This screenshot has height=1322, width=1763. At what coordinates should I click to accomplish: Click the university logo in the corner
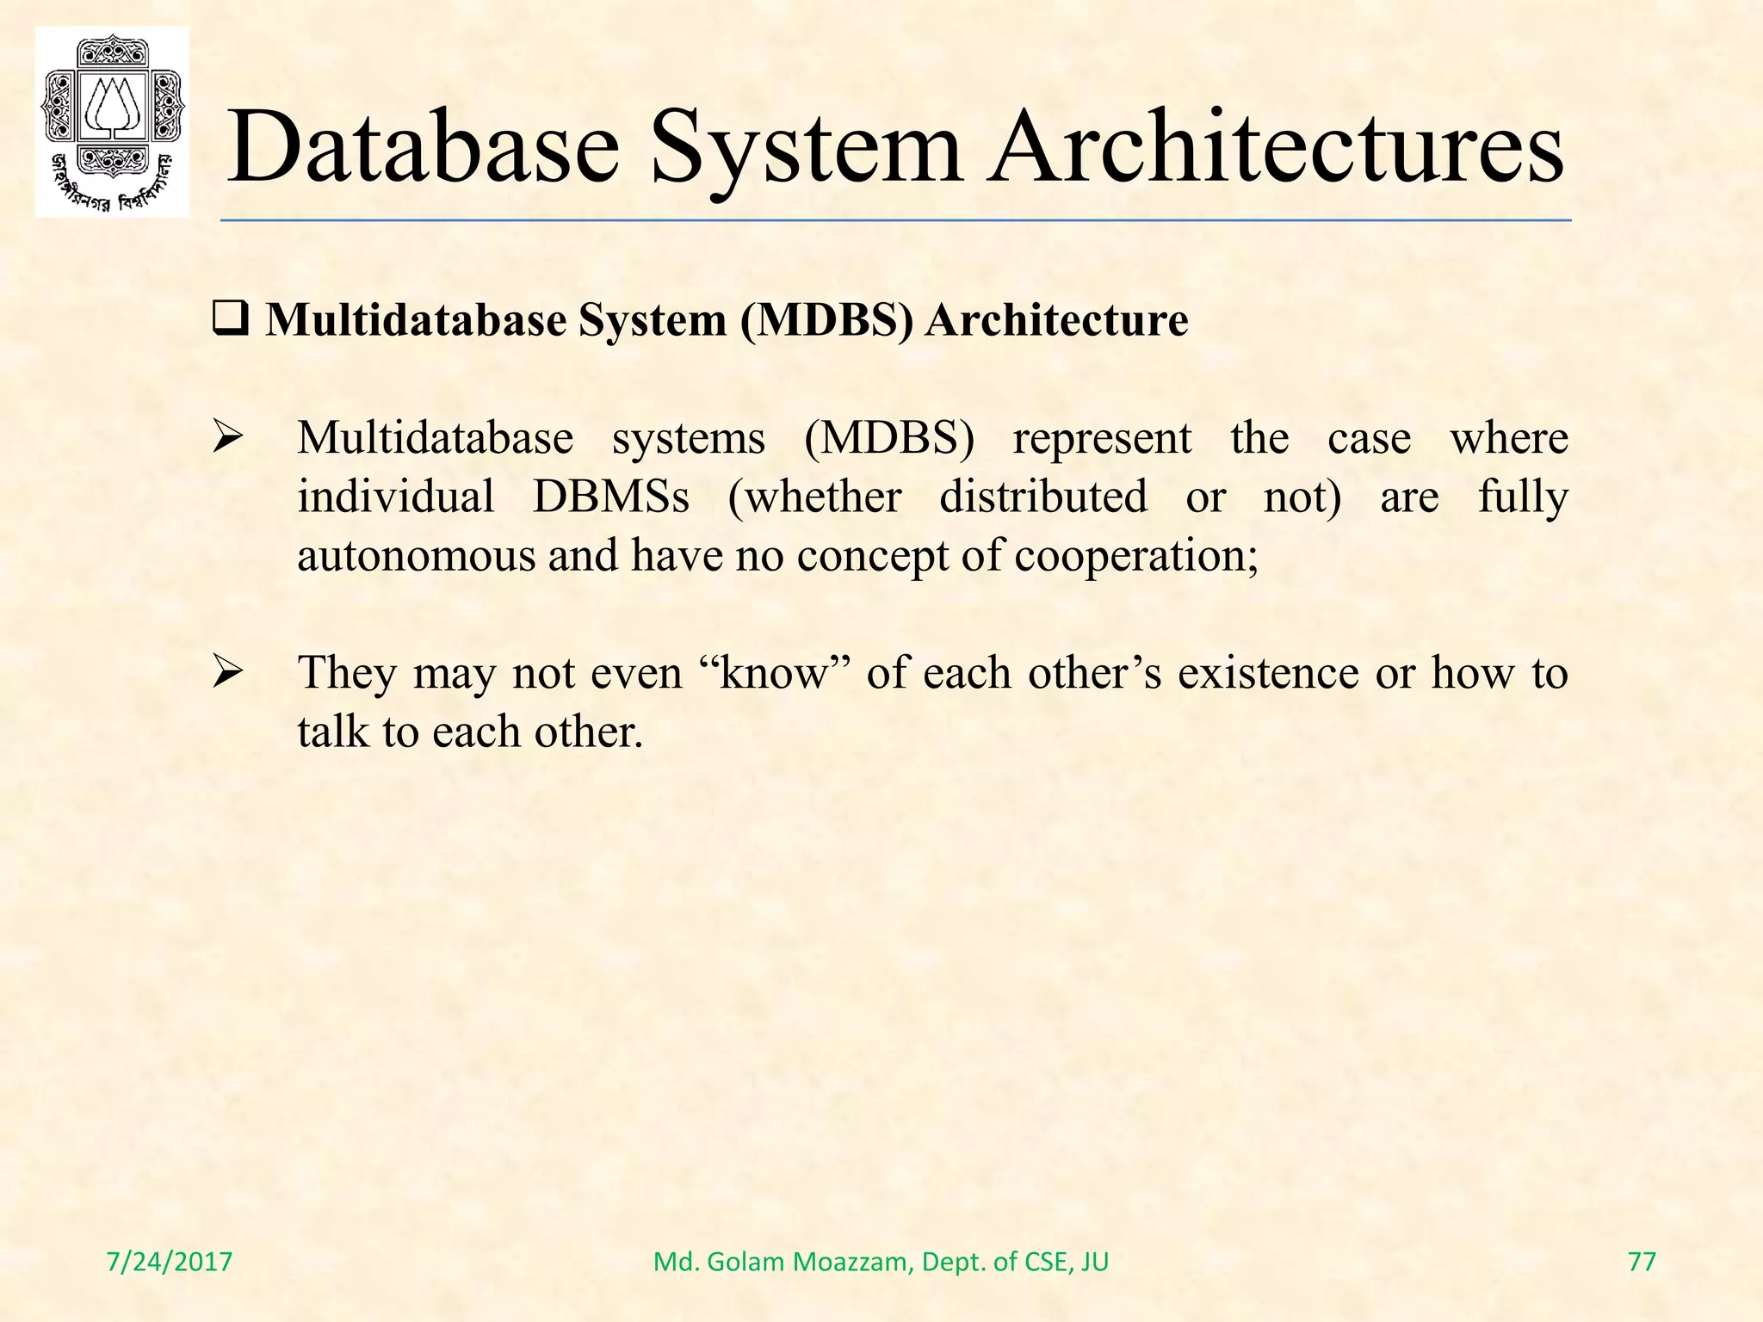pyautogui.click(x=112, y=121)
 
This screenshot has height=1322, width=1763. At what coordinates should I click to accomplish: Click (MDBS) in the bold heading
pyautogui.click(x=825, y=321)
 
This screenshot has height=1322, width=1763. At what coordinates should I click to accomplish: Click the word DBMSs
pyautogui.click(x=610, y=497)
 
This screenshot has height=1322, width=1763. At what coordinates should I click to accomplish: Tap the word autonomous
pyautogui.click(x=417, y=556)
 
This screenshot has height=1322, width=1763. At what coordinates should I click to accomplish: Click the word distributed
pyautogui.click(x=1042, y=497)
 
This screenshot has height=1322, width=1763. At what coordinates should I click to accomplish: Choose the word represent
pyautogui.click(x=1102, y=439)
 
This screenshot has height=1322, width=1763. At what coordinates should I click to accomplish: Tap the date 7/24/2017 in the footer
pyautogui.click(x=170, y=1262)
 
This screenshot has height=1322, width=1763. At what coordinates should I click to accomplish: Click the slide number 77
pyautogui.click(x=1642, y=1262)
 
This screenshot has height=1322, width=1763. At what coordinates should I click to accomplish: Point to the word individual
pyautogui.click(x=396, y=497)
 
